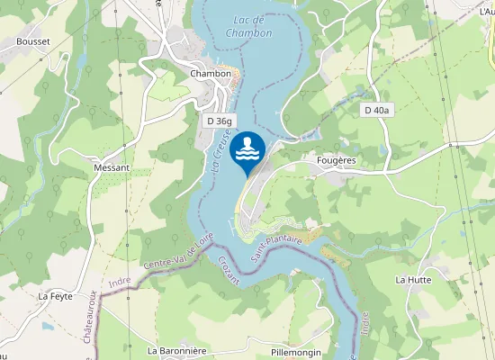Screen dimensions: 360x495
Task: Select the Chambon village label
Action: (x=211, y=73)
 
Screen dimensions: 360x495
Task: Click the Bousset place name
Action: (x=32, y=41)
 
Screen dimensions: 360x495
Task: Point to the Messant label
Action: (x=112, y=167)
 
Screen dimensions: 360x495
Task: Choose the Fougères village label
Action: (x=337, y=160)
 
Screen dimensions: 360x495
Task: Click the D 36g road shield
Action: (x=219, y=120)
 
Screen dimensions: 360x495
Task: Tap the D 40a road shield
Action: (x=377, y=110)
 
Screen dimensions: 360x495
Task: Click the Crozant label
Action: (x=229, y=270)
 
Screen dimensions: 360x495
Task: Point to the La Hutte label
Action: (x=413, y=280)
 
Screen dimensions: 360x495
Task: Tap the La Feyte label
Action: (x=55, y=295)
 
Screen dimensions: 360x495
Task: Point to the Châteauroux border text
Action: (x=91, y=315)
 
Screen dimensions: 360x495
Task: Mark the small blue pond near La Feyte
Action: (x=47, y=326)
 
